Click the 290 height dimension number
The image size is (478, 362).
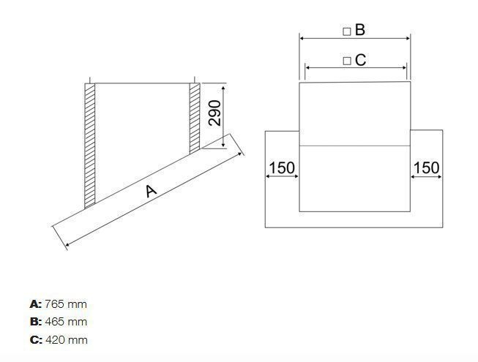(x=214, y=113)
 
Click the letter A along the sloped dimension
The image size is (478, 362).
(x=151, y=191)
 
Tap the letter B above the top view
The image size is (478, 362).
(x=359, y=30)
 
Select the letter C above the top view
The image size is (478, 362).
(x=359, y=60)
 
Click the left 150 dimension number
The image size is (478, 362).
(x=281, y=167)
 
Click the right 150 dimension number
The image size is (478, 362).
(x=426, y=167)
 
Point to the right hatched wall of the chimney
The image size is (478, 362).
(x=195, y=117)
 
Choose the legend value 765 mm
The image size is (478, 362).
(x=66, y=303)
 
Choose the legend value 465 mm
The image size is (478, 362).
(x=66, y=322)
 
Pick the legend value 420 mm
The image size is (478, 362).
(x=66, y=340)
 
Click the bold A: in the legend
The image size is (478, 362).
(x=35, y=303)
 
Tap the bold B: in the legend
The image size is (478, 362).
(x=35, y=322)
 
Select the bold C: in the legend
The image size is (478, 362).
(x=35, y=340)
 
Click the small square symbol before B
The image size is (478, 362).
(x=347, y=31)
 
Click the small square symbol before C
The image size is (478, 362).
(x=347, y=61)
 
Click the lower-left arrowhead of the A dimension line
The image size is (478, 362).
(x=67, y=244)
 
